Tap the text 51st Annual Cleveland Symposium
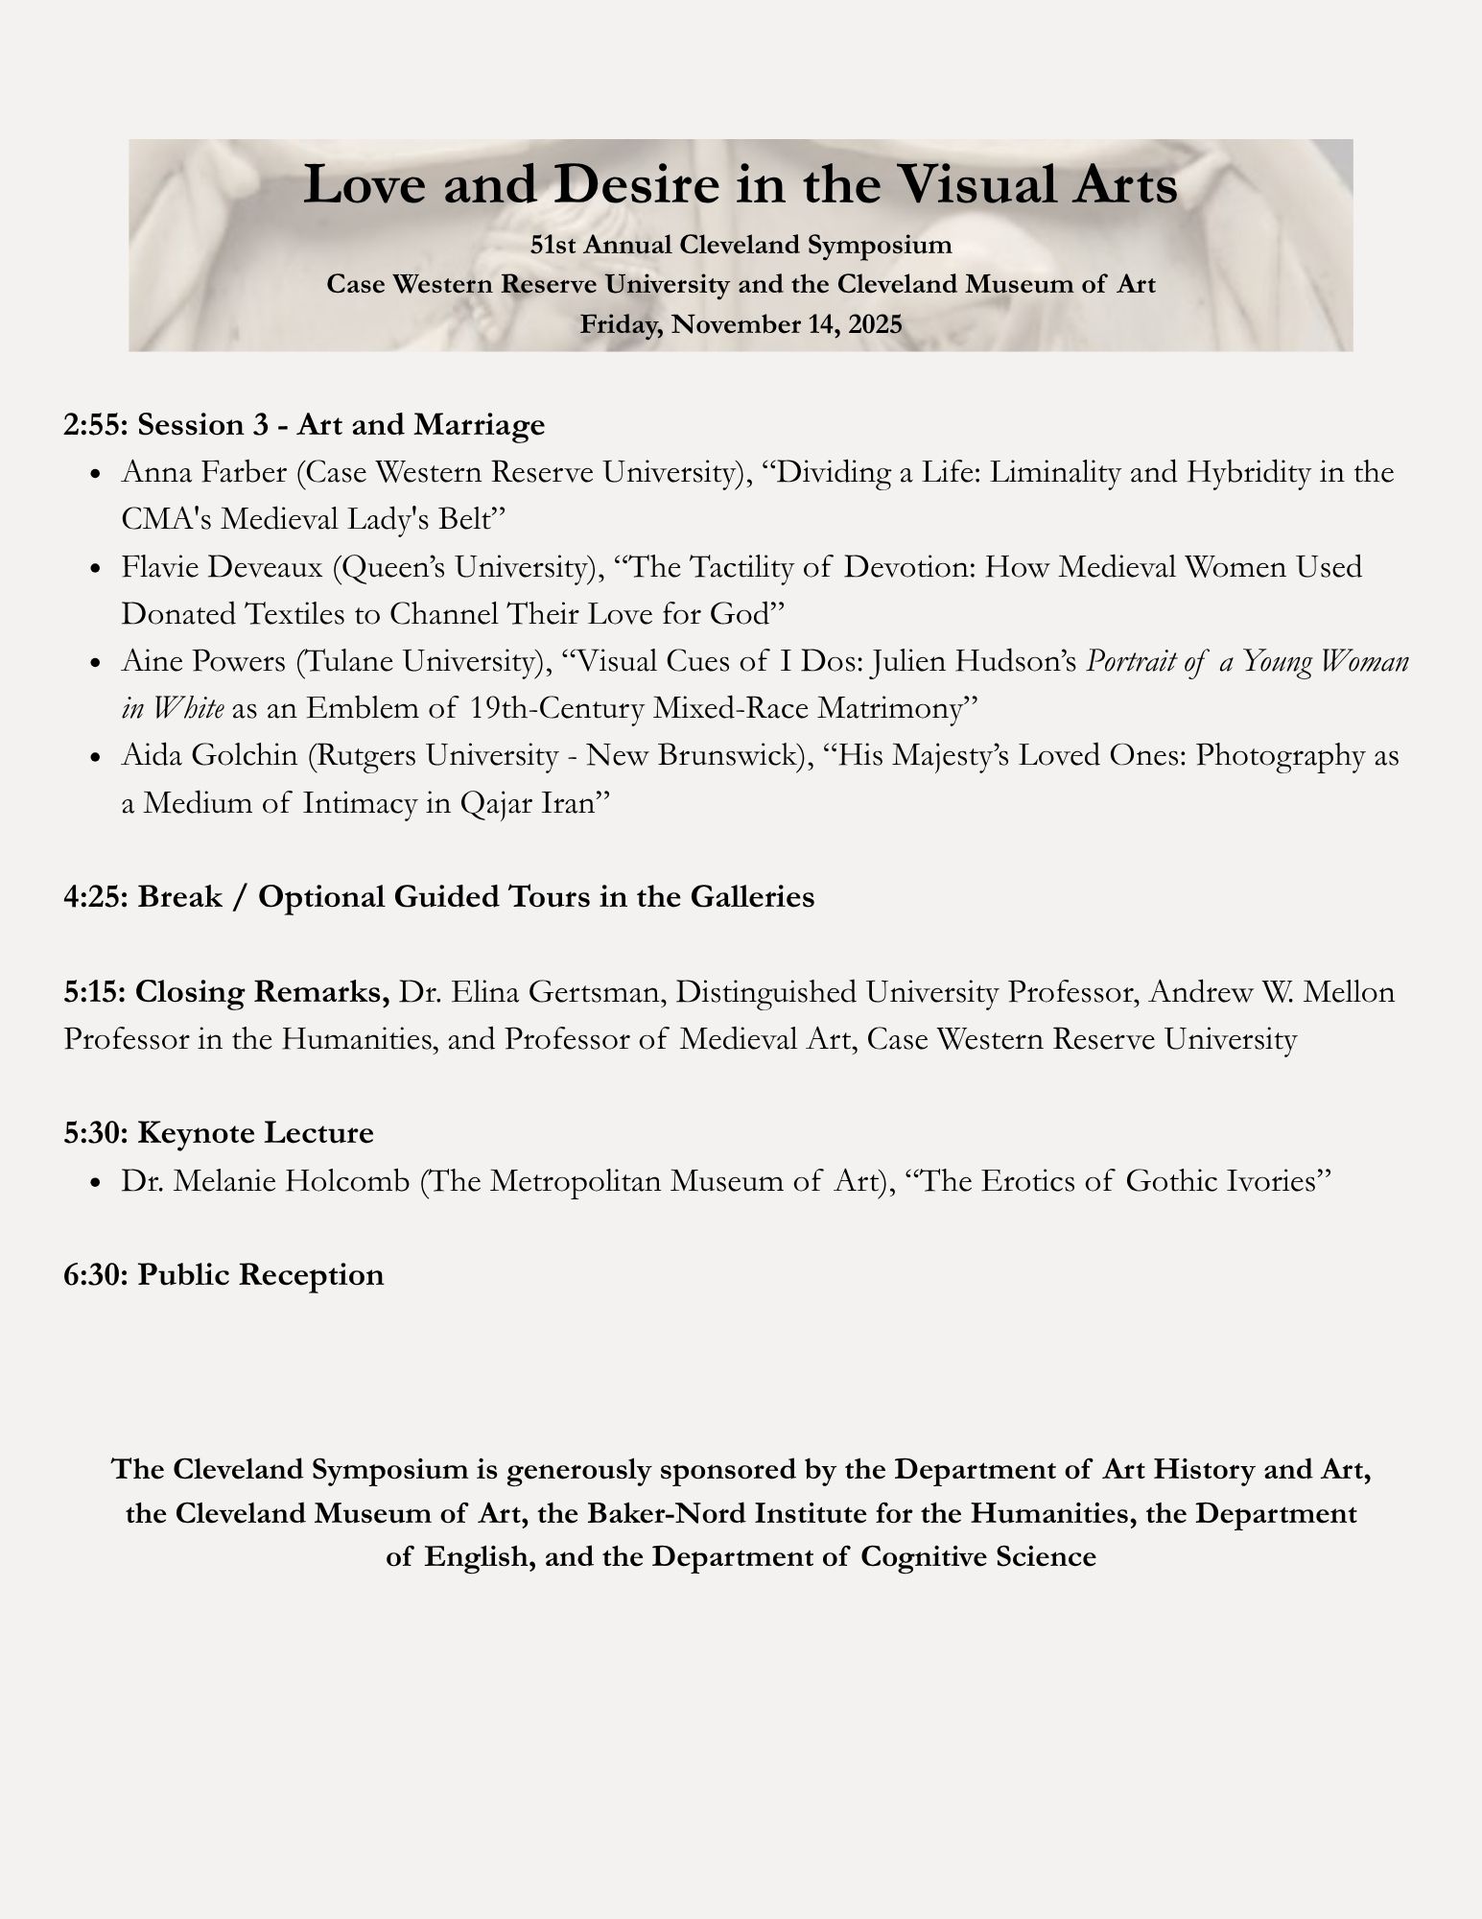741,245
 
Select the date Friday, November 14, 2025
741,323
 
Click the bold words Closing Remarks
262,991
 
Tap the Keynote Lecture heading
255,1133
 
